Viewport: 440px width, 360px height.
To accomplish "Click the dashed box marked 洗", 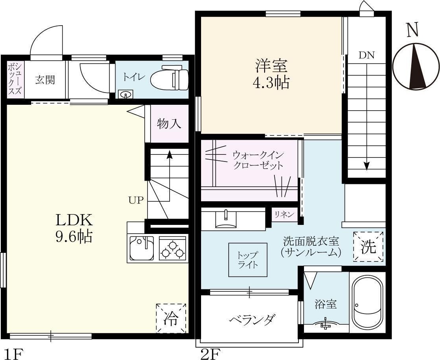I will (369, 247).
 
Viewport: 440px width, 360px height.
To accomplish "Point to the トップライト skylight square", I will (248, 260).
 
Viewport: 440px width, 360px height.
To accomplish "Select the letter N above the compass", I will (413, 30).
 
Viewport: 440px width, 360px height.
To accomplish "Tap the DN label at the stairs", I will (366, 55).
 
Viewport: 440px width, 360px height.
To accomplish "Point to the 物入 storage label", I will (169, 124).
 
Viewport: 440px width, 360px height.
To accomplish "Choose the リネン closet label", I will (284, 215).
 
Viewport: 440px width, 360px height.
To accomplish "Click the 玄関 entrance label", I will (45, 80).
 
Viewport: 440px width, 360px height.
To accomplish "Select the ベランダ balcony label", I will (252, 319).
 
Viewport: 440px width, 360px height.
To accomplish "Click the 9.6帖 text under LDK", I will (74, 236).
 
